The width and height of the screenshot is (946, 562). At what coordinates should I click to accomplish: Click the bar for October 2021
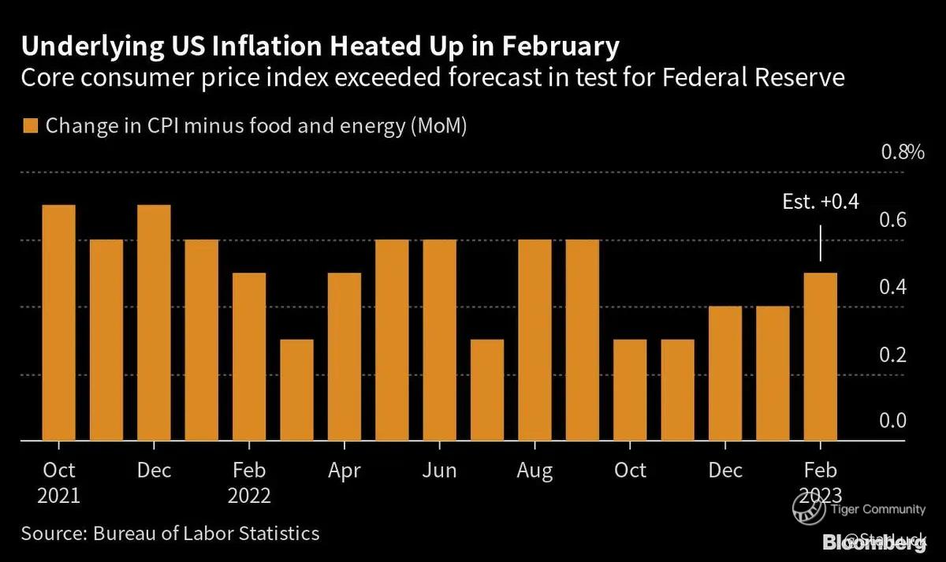click(x=58, y=322)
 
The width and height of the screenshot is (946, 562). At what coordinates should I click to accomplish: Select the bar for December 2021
click(x=154, y=322)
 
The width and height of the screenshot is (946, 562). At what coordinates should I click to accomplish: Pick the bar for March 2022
click(x=296, y=389)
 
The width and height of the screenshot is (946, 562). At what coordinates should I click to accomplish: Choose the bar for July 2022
click(x=486, y=389)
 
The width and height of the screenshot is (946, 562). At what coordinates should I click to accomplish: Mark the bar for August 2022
click(x=534, y=340)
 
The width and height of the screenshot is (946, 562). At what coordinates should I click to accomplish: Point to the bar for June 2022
click(x=439, y=340)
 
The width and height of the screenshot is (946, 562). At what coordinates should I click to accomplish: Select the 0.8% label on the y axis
click(x=902, y=152)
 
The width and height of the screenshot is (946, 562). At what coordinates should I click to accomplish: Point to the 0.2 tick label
click(x=892, y=355)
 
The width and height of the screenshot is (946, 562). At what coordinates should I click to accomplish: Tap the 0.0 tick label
click(x=892, y=422)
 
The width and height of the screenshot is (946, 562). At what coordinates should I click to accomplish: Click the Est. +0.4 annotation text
click(x=820, y=203)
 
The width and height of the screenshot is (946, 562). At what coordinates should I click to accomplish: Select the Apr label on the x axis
click(x=344, y=471)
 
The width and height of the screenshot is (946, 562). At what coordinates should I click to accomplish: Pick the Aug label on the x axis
click(x=534, y=471)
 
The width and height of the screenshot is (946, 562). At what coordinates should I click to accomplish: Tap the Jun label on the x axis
click(x=439, y=471)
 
